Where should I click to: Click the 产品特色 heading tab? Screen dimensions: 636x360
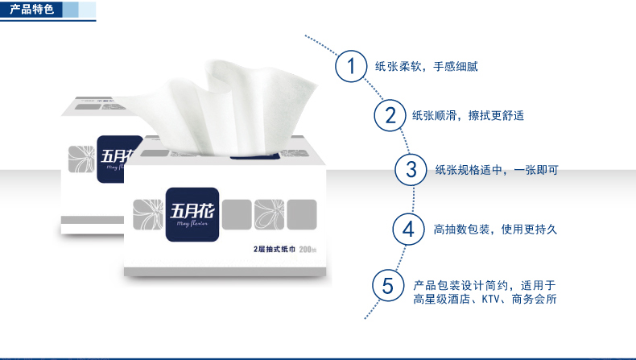[x=31, y=9]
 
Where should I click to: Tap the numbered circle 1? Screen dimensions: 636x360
[x=351, y=66]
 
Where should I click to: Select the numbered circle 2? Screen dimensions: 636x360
[x=390, y=115]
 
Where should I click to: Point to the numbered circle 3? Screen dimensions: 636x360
[x=411, y=170]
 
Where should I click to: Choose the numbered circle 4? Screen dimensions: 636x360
[x=408, y=230]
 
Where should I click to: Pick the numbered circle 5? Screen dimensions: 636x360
[x=388, y=286]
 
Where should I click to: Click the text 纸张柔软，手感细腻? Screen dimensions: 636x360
[x=427, y=66]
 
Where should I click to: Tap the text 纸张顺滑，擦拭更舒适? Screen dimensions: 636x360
[x=468, y=116]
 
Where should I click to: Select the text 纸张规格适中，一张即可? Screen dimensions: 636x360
[x=497, y=170]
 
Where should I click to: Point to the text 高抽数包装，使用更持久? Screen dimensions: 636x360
[x=495, y=230]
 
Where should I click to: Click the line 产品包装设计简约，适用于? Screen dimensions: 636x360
[x=485, y=285]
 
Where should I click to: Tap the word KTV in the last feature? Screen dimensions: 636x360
[x=491, y=300]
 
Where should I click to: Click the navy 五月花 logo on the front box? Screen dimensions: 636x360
[x=192, y=214]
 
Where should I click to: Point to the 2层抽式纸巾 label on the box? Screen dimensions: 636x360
[x=275, y=249]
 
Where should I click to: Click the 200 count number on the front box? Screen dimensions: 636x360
[x=305, y=249]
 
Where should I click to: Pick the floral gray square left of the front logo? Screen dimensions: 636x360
[x=147, y=215]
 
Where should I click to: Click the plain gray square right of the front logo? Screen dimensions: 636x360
[x=237, y=215]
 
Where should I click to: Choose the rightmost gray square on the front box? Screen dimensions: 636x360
[x=302, y=215]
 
